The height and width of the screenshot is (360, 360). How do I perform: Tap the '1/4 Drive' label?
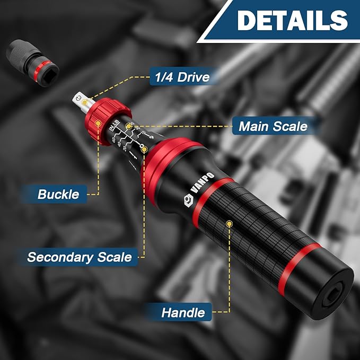pyautogui.click(x=179, y=77)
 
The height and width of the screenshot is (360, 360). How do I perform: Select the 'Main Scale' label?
pyautogui.click(x=273, y=126)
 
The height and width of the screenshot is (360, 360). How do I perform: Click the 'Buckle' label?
pyautogui.click(x=58, y=194)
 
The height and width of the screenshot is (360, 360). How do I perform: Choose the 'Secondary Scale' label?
pyautogui.click(x=80, y=257)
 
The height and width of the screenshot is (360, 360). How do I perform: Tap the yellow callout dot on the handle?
pyautogui.click(x=229, y=224)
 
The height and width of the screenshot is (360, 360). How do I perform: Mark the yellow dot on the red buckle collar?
pyautogui.click(x=99, y=122)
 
